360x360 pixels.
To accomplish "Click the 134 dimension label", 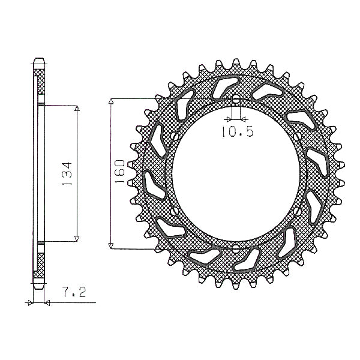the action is point(67,174).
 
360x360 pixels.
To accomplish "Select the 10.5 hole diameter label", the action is point(238,132).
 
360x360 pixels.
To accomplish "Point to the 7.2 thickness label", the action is point(74,292).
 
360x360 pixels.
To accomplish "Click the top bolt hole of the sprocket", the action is point(236,101).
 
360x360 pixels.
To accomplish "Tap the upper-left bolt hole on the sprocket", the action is point(175,136).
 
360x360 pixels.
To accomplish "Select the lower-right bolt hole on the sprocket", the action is point(298,211).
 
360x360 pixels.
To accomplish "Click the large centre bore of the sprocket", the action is point(236,174).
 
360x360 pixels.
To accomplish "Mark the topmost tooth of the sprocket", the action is point(236,62).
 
